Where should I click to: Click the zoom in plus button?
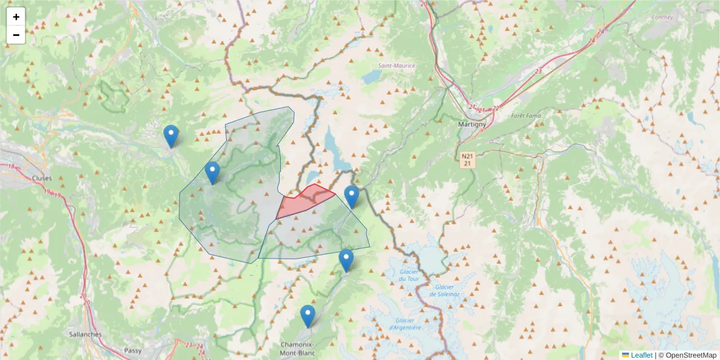[x=16, y=17]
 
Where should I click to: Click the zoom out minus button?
[x=16, y=35]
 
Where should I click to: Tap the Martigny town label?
[x=471, y=124]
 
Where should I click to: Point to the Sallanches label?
[x=85, y=334]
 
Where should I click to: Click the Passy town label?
[x=133, y=350]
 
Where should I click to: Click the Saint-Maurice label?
[x=396, y=65]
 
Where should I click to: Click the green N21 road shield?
[x=468, y=159]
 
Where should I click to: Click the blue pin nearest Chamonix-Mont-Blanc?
[x=308, y=316]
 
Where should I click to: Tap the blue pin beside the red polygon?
[x=352, y=196]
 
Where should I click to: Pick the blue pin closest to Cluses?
[x=171, y=136]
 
